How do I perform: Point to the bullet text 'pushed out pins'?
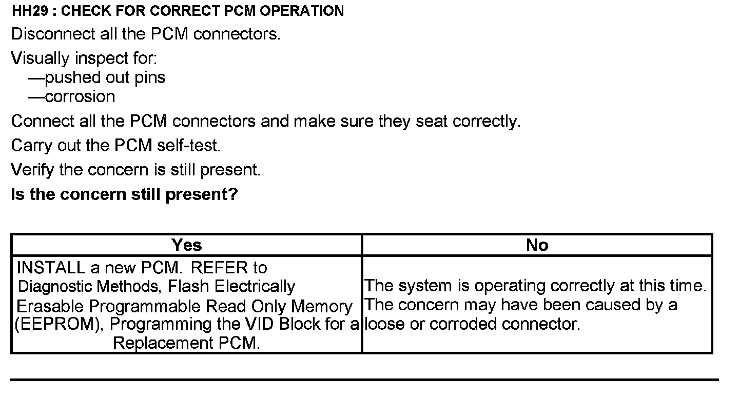[105, 78]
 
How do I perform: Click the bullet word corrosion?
[80, 97]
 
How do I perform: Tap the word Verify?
[32, 170]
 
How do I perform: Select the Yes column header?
[186, 245]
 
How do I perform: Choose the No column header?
[537, 245]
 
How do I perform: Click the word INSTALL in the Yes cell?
[51, 268]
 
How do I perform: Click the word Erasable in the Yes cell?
[50, 306]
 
